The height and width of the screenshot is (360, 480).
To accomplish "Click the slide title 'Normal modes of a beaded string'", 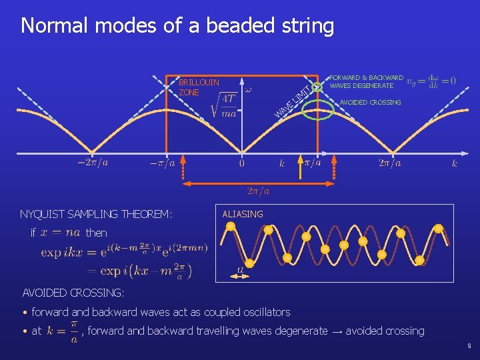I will pos(177,26).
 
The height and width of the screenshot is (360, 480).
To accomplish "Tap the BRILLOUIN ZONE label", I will pos(199,87).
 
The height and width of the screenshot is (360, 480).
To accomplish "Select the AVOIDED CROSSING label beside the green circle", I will pos(370,103).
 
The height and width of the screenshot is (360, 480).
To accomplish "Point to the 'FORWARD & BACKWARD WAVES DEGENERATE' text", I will pos(366,82).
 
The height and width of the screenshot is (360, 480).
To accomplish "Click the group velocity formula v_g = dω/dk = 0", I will pos(431,81).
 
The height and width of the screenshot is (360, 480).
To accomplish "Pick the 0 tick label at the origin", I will pos(241,163).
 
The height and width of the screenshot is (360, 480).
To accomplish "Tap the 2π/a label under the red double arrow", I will pos(258,192).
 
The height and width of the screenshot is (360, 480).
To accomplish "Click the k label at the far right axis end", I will pos(455,163).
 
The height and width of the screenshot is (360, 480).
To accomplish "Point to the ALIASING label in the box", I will pos(243,214).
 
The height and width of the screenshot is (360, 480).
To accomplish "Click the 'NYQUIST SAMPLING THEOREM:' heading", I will pos(96,214).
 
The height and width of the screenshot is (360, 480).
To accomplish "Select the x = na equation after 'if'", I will pos(60,233).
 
